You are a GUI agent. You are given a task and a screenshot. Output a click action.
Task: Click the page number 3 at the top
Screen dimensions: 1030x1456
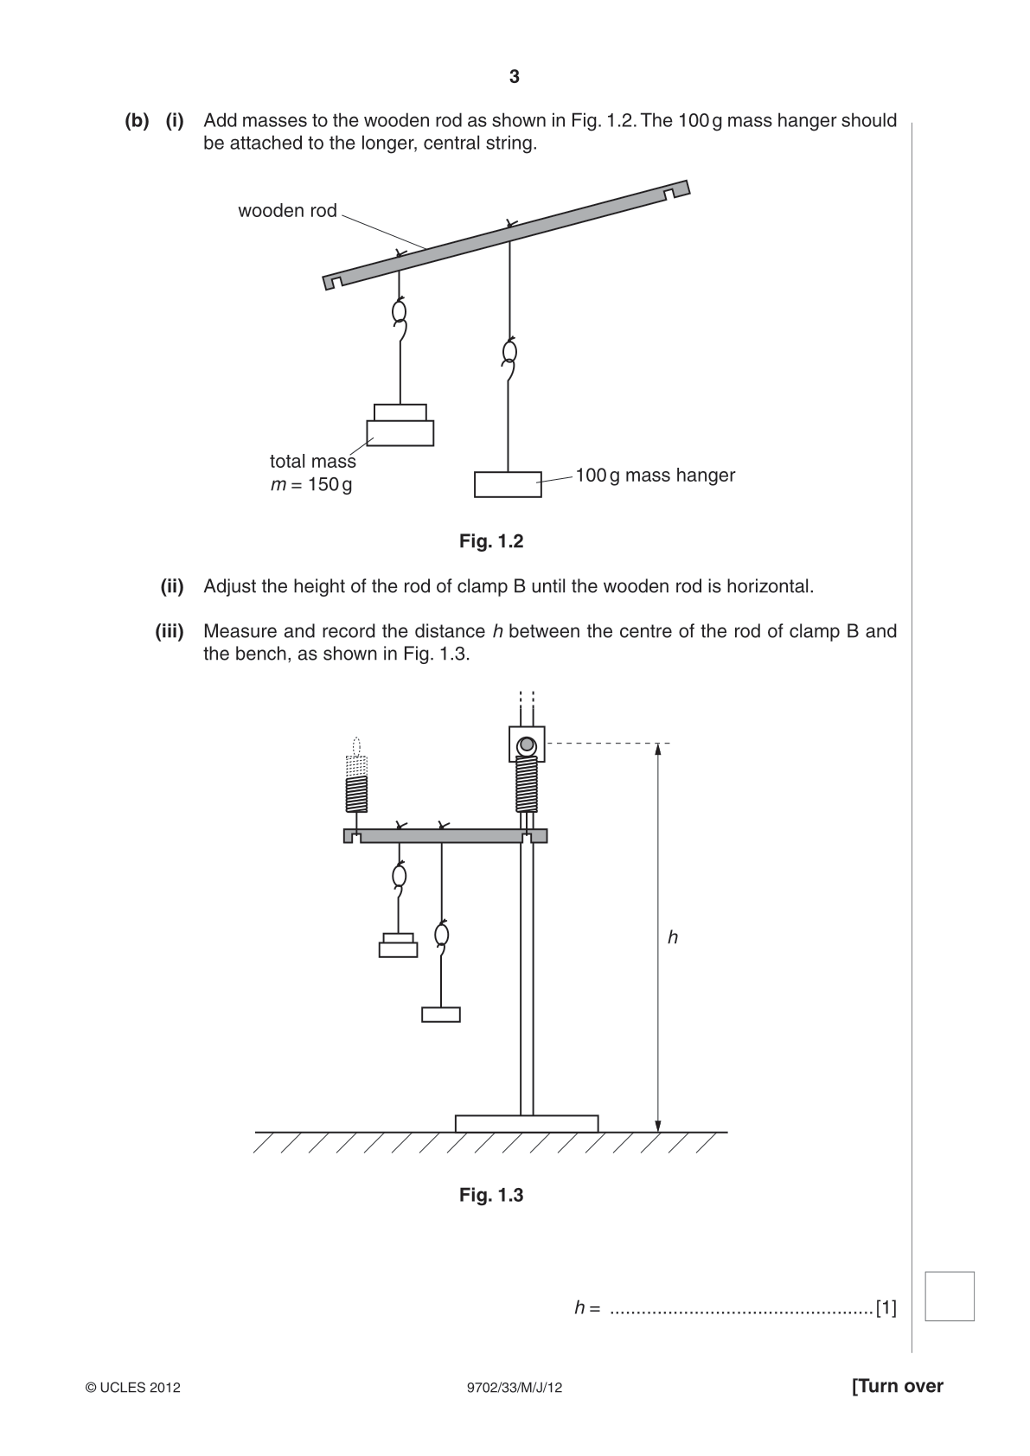[x=515, y=77]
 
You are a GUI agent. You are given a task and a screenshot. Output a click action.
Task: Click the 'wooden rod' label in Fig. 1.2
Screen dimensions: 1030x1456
[x=287, y=211]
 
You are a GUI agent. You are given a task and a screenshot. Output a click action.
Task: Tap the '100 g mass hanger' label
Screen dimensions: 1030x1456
[x=656, y=476]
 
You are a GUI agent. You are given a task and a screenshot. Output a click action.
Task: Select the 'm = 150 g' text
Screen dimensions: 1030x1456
[x=311, y=485]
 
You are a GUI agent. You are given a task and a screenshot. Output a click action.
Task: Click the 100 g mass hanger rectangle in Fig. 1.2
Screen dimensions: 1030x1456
[x=508, y=484]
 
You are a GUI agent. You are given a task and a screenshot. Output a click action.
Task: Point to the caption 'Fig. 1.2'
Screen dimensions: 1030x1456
[x=491, y=541]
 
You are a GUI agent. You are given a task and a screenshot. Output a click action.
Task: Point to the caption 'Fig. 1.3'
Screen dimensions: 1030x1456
[x=491, y=1195]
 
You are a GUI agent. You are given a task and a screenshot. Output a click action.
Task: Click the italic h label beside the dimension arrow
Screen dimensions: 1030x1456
[x=673, y=937]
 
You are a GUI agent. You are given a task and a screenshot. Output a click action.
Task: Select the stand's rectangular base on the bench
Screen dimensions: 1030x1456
[x=527, y=1124]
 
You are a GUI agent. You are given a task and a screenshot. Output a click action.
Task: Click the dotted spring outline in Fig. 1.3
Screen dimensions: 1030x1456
[x=356, y=758]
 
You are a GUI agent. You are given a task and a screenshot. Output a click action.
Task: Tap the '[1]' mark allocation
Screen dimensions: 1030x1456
[x=886, y=1308]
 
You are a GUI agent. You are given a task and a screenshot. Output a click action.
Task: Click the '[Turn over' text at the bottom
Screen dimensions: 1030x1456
[x=898, y=1386]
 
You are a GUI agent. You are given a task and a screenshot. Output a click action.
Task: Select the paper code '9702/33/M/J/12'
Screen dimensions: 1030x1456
[x=515, y=1388]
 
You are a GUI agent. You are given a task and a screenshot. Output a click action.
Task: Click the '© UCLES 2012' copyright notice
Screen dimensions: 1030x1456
[x=132, y=1388]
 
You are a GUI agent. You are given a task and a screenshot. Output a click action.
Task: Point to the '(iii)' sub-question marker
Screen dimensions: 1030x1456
[x=169, y=631]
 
